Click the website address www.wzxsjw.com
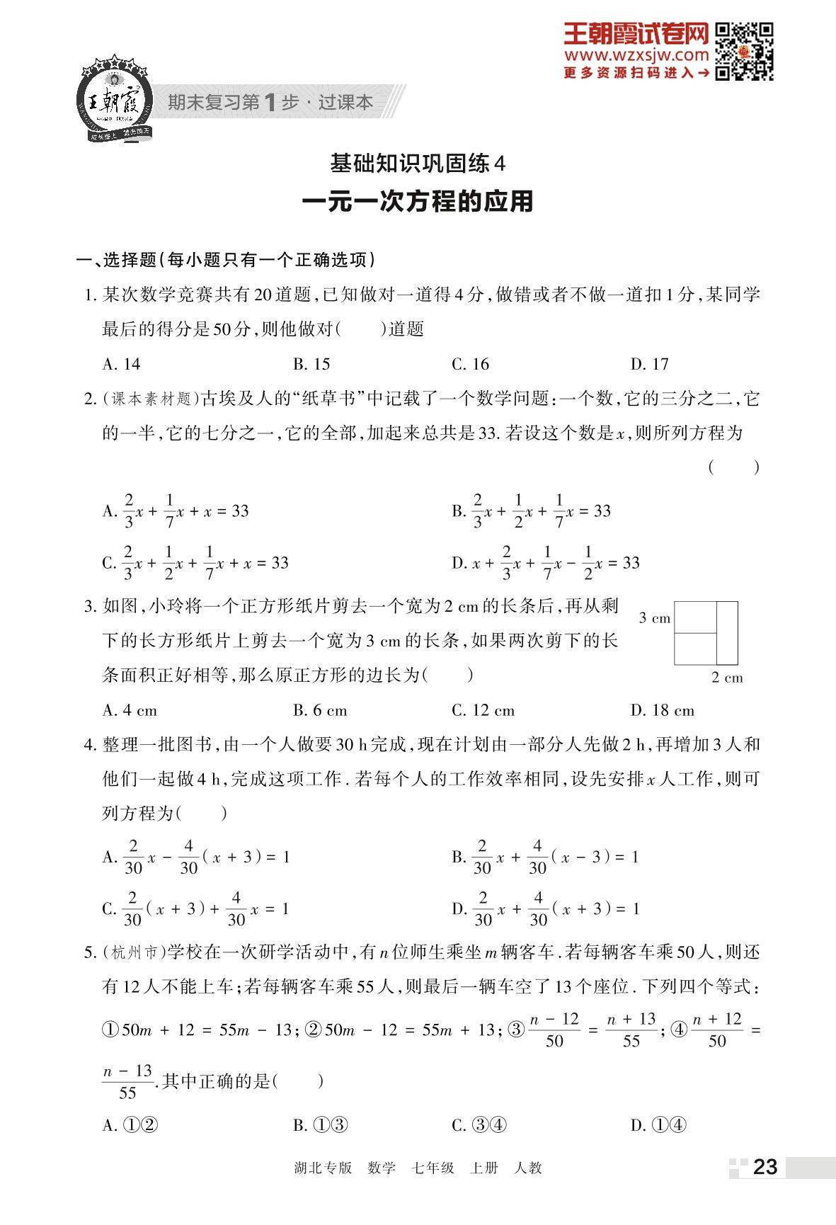pos(636,55)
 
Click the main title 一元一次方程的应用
pos(418,202)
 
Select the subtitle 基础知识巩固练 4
pos(418,164)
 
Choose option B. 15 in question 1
pos(311,364)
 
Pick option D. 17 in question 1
pos(649,364)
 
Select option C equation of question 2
pos(195,563)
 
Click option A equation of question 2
pos(176,511)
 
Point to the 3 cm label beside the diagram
pos(654,618)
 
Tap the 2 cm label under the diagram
pos(727,678)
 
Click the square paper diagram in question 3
pos(705,633)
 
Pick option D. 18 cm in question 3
pos(662,710)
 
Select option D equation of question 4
pos(546,908)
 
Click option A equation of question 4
pos(196,857)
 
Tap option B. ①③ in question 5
pos(321,1125)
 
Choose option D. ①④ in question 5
pos(658,1125)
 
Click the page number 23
pos(765,1166)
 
